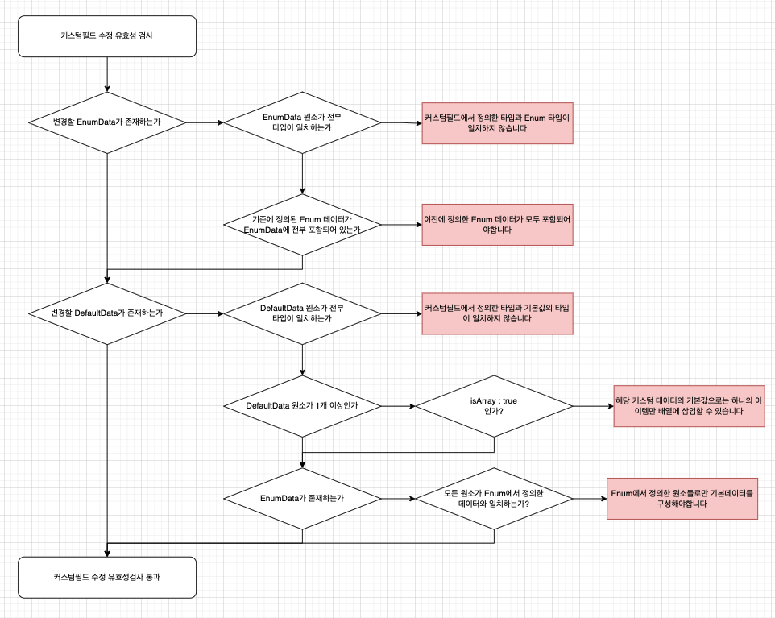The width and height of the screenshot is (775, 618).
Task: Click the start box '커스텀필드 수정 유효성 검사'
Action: (x=107, y=36)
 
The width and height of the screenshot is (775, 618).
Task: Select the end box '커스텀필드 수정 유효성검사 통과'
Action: (x=107, y=577)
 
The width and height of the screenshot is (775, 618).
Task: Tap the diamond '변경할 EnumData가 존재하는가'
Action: (x=107, y=122)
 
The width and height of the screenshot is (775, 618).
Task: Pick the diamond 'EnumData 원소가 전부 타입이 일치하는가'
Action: (x=302, y=122)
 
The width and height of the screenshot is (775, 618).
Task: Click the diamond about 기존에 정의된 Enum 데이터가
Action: (x=302, y=224)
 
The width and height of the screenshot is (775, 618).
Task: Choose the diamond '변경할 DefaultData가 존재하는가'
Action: (x=107, y=313)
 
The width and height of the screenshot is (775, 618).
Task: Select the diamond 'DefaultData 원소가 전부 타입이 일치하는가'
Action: (x=302, y=313)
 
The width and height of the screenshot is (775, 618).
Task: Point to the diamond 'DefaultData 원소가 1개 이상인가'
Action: (x=302, y=406)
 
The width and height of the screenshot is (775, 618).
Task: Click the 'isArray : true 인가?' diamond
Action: (x=493, y=406)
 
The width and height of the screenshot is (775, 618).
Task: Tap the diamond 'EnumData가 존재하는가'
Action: (x=302, y=498)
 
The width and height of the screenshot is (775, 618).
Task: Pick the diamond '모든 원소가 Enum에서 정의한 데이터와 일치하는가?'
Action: (x=493, y=498)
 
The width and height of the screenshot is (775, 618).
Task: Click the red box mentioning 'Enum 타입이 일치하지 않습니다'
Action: (x=498, y=123)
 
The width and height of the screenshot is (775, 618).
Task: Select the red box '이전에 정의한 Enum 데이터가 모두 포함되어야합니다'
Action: (x=498, y=224)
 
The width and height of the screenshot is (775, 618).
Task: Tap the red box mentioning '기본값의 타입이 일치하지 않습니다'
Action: (x=498, y=313)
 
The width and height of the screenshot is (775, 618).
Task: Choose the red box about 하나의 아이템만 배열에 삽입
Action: (x=689, y=405)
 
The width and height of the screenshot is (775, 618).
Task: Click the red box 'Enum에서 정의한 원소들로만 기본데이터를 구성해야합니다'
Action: (x=682, y=498)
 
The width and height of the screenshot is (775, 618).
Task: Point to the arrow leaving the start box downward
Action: (x=107, y=74)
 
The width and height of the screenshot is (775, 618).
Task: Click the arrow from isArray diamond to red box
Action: (x=592, y=406)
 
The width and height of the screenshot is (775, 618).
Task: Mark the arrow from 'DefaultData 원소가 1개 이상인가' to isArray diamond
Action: (x=398, y=406)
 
